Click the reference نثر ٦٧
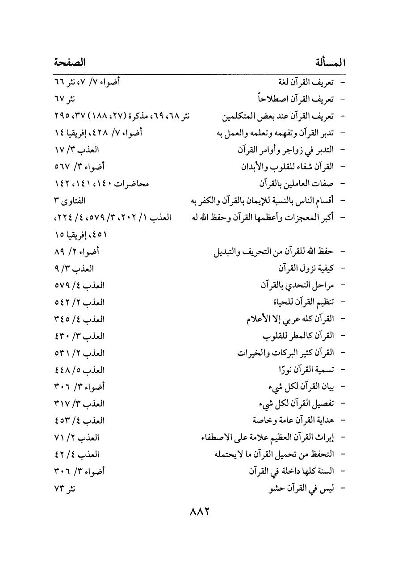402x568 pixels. tap(64, 99)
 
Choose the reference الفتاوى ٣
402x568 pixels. tap(69, 201)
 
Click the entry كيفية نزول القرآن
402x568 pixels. tap(306, 269)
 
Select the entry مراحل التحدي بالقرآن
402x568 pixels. tap(297, 285)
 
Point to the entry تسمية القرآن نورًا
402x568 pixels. tap(306, 370)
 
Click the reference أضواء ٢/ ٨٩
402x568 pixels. tap(76, 252)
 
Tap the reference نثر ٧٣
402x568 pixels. tap(64, 488)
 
